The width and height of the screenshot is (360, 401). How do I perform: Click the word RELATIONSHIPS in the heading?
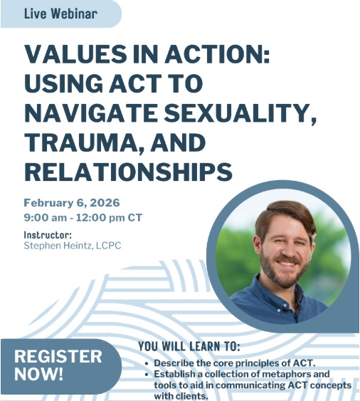coord(128,171)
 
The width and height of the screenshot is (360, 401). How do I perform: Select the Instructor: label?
coord(48,234)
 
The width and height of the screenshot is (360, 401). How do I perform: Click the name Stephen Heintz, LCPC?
coord(73,246)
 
